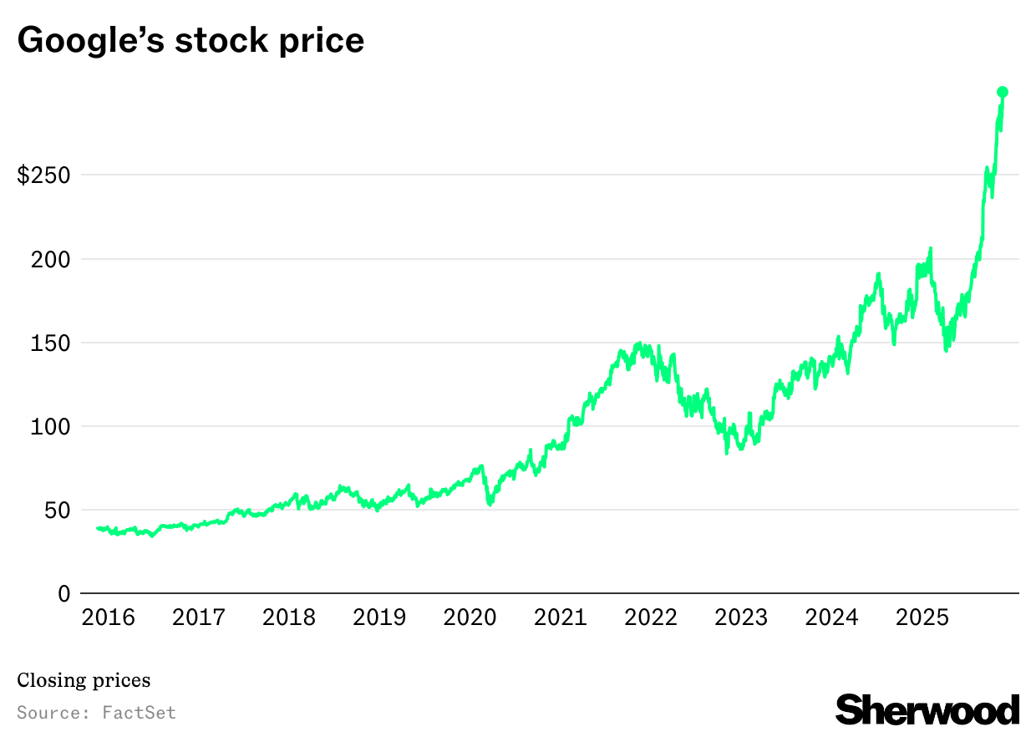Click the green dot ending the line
1003,92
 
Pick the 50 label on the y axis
57,510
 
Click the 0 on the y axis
63,593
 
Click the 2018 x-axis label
289,617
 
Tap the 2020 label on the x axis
470,617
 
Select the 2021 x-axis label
561,617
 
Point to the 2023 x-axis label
741,617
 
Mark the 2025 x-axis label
922,617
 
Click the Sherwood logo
927,709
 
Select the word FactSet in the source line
139,713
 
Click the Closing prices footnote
84,680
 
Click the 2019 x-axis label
379,617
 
